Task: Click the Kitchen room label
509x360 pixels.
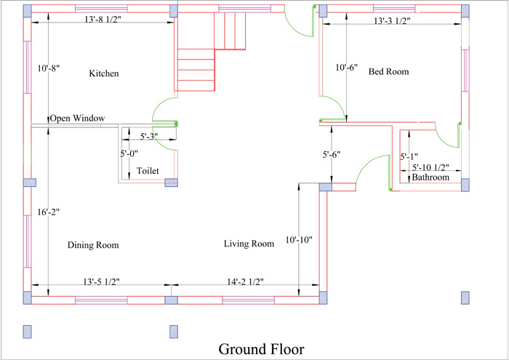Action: pyautogui.click(x=104, y=73)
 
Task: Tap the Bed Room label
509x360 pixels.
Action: pyautogui.click(x=388, y=71)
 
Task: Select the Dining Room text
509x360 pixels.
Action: pyautogui.click(x=93, y=245)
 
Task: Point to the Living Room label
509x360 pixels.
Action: pyautogui.click(x=249, y=244)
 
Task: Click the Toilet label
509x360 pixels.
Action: pyautogui.click(x=148, y=171)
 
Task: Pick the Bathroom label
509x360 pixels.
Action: pyautogui.click(x=430, y=177)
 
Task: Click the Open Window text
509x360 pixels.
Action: pyautogui.click(x=77, y=118)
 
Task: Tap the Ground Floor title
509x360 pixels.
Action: pyautogui.click(x=261, y=349)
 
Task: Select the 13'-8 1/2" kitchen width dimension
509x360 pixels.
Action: pyautogui.click(x=103, y=20)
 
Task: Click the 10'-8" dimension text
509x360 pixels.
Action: pyautogui.click(x=49, y=68)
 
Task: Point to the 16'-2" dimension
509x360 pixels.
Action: pyautogui.click(x=49, y=212)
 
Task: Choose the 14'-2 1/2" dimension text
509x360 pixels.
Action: pyautogui.click(x=246, y=281)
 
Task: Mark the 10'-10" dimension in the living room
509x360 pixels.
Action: pyautogui.click(x=299, y=240)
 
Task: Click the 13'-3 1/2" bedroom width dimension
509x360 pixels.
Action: pyautogui.click(x=392, y=21)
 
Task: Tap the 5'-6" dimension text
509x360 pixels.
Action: pyautogui.click(x=332, y=154)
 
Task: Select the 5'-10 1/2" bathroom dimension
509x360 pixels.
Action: pyautogui.click(x=430, y=167)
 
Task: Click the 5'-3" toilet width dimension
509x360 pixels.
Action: pyautogui.click(x=149, y=137)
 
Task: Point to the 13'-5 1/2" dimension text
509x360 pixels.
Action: pyautogui.click(x=102, y=281)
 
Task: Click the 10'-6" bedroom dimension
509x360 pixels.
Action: pyautogui.click(x=347, y=68)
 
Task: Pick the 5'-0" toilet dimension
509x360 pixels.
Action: pyautogui.click(x=129, y=153)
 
